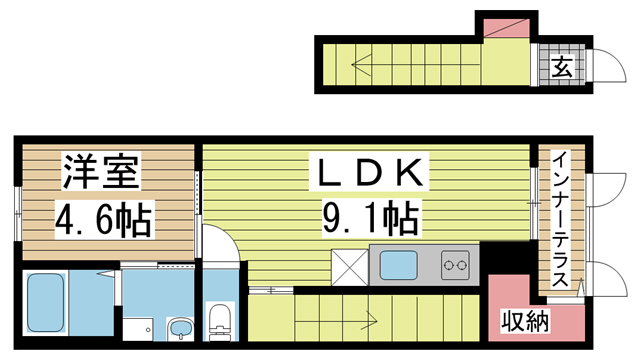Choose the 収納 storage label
(x=524, y=322)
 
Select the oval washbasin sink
(x=181, y=329)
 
